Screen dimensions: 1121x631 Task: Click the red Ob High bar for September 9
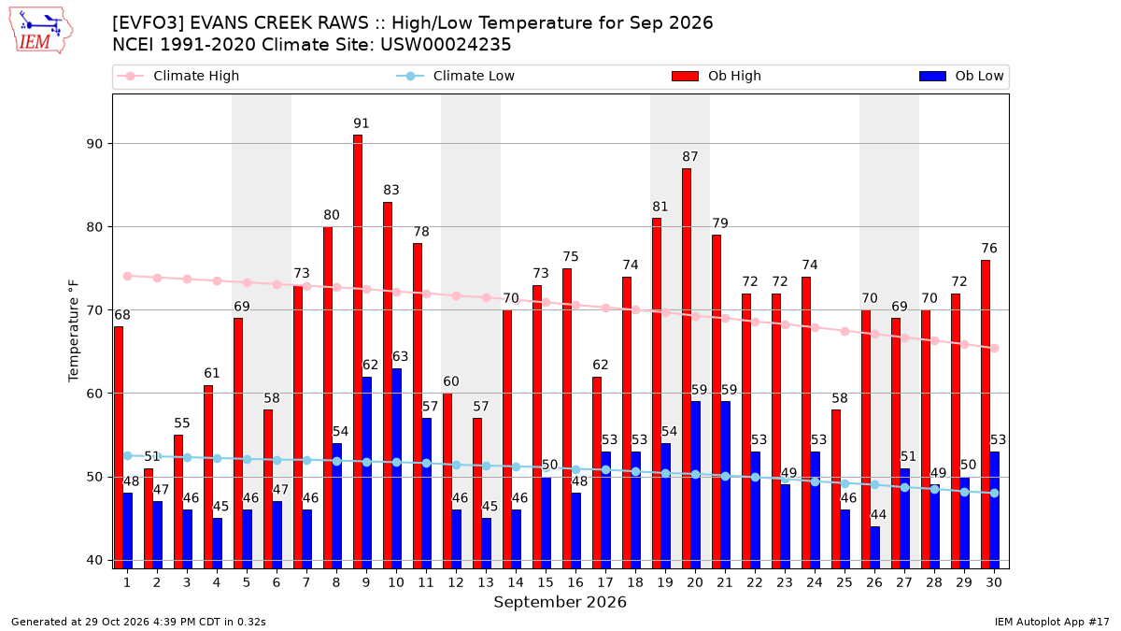pyautogui.click(x=357, y=351)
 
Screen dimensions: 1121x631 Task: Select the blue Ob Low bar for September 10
pyautogui.click(x=396, y=468)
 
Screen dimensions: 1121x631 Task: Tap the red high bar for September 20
pyautogui.click(x=687, y=368)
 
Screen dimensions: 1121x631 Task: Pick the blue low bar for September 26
pyautogui.click(x=874, y=548)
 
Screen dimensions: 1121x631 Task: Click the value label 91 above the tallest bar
pyautogui.click(x=361, y=123)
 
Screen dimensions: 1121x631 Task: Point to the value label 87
pyautogui.click(x=690, y=157)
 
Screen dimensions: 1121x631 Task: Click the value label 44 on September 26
pyautogui.click(x=878, y=514)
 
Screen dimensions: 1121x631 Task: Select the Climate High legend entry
pyautogui.click(x=178, y=76)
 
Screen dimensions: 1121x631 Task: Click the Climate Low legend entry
pyautogui.click(x=456, y=76)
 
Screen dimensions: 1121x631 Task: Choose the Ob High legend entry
pyautogui.click(x=717, y=76)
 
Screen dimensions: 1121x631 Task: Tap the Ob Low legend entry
pyautogui.click(x=961, y=76)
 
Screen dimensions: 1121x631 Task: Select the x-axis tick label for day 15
pyautogui.click(x=546, y=582)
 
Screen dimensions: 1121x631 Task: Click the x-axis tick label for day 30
pyautogui.click(x=994, y=582)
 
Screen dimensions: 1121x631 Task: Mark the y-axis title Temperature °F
pyautogui.click(x=74, y=331)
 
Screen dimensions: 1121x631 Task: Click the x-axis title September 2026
pyautogui.click(x=560, y=602)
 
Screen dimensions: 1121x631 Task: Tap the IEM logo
pyautogui.click(x=41, y=30)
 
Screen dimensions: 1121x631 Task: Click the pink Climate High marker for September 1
pyautogui.click(x=128, y=276)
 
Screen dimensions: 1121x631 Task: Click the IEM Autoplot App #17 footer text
pyautogui.click(x=1052, y=622)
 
